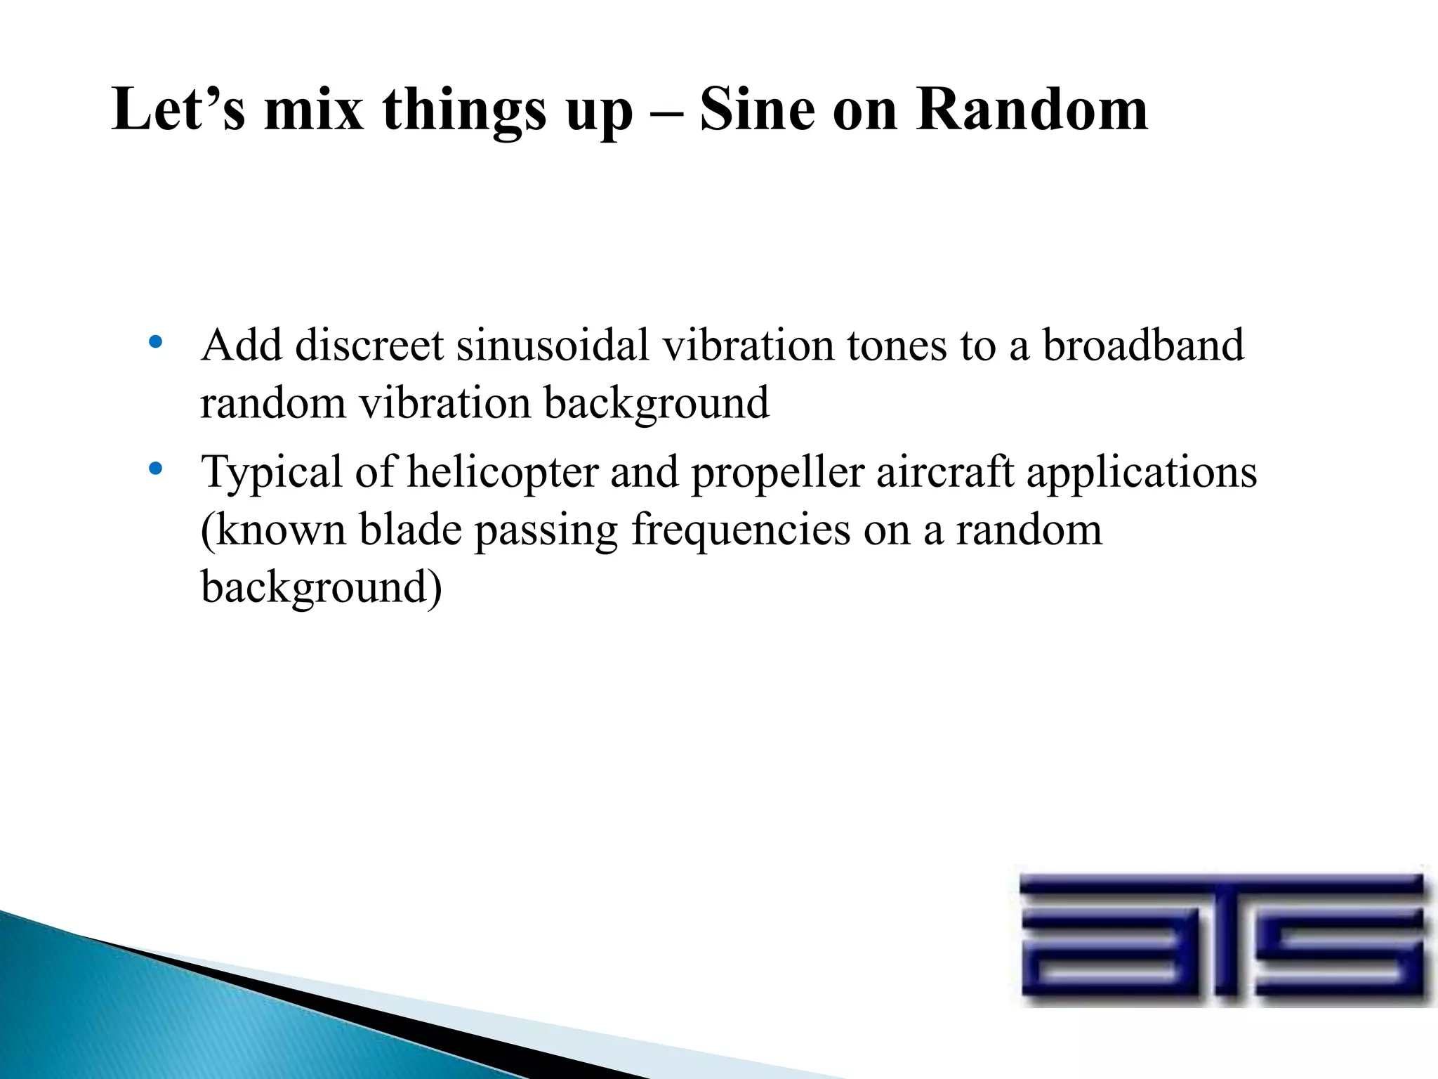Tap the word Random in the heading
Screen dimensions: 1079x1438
1032,110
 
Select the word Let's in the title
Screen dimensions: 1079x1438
179,110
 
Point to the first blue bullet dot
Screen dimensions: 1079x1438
156,343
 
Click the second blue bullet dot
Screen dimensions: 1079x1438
156,468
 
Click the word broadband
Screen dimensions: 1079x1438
1142,346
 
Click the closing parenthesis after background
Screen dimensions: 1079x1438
435,588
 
